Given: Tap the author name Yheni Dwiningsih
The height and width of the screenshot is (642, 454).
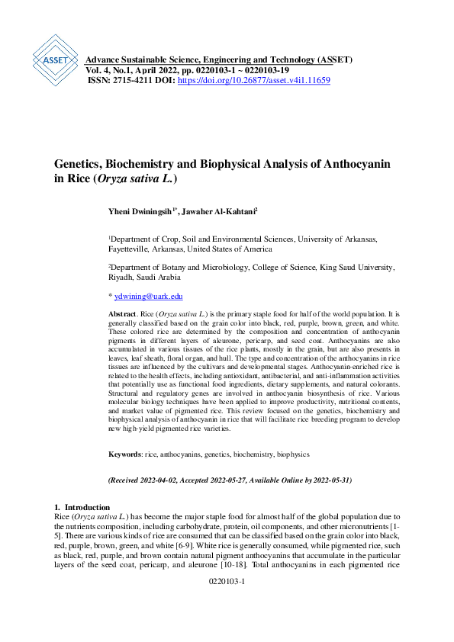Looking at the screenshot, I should pos(140,210).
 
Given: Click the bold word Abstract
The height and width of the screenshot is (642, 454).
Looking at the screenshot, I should pos(122,313).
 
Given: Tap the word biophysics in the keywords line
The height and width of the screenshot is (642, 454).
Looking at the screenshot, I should pos(293,454).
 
